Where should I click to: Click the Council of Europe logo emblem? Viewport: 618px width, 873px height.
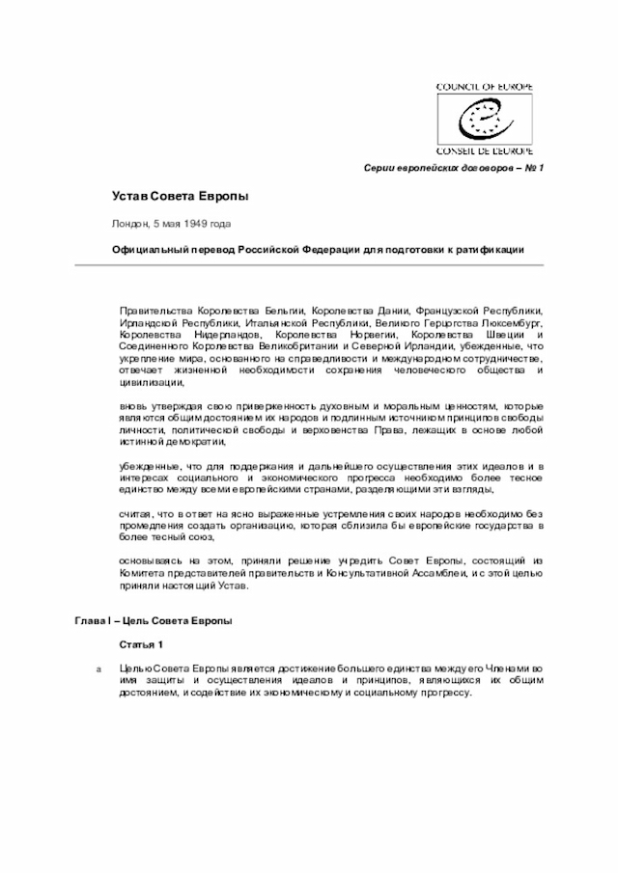pos(492,119)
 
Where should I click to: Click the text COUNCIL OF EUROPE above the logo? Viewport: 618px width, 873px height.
pos(491,87)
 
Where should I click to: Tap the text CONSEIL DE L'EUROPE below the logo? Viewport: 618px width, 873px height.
pos(491,151)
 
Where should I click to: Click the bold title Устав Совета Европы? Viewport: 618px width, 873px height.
pos(179,197)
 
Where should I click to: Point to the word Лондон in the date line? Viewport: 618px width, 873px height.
pos(130,223)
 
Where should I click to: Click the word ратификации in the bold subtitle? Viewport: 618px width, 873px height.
pos(487,249)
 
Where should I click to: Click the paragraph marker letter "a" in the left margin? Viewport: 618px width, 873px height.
pos(95,668)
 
